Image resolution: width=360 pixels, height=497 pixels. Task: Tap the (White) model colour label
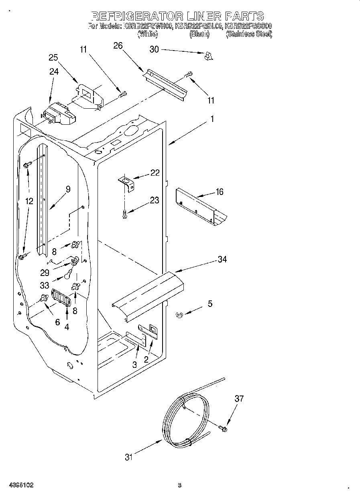click(148, 34)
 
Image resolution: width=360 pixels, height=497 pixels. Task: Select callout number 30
click(154, 49)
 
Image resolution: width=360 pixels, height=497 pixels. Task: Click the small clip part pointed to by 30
click(207, 57)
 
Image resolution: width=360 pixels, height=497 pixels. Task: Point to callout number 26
click(118, 46)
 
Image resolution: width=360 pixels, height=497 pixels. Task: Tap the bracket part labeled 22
click(127, 184)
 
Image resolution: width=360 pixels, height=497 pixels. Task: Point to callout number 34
click(222, 260)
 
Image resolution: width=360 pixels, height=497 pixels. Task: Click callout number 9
click(68, 189)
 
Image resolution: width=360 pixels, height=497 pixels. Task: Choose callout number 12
click(29, 201)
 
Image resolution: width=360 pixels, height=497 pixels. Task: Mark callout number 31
click(128, 457)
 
